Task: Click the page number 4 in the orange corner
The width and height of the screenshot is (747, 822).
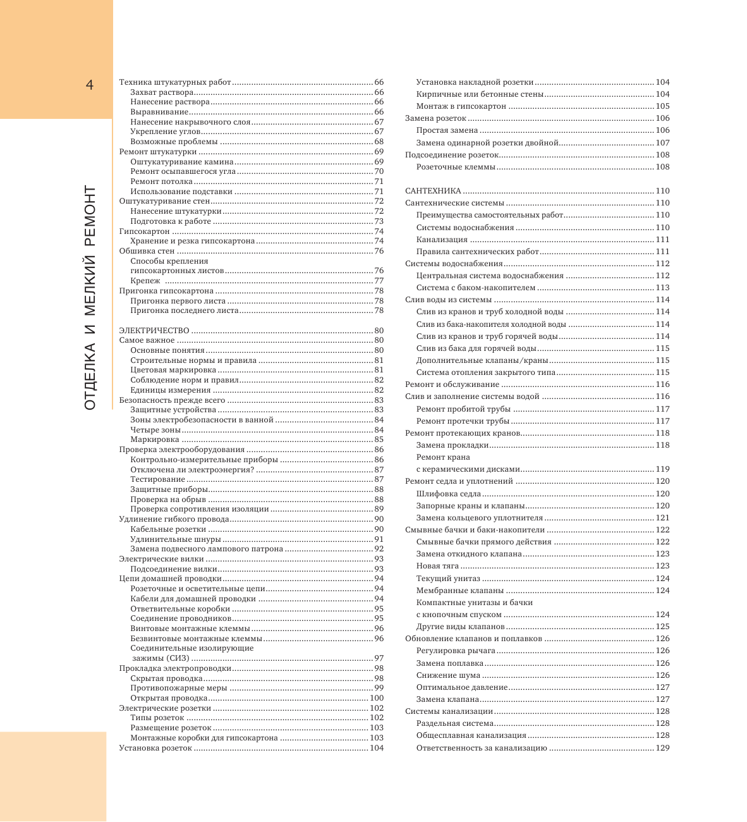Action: point(90,85)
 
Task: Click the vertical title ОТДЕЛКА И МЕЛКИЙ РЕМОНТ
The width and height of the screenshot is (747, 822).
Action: point(90,297)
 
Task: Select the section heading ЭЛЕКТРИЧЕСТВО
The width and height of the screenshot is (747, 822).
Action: point(154,331)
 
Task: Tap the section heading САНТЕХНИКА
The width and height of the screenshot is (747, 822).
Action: point(433,191)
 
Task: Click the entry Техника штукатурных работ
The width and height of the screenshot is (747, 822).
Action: point(175,82)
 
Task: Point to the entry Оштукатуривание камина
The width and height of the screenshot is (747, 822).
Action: point(182,162)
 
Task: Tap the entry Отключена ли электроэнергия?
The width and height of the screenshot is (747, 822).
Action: point(192,470)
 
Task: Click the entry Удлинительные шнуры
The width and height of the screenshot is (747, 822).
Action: point(176,539)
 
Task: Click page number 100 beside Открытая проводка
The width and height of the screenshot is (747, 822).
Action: point(377,698)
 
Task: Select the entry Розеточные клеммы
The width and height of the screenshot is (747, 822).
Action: point(455,167)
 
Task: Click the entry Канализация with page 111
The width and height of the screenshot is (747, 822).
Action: point(442,240)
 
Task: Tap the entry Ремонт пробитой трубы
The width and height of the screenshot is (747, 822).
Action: point(463,409)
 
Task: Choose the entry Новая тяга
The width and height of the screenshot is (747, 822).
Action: point(437,566)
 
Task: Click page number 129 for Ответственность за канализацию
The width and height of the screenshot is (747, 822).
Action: point(662,748)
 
